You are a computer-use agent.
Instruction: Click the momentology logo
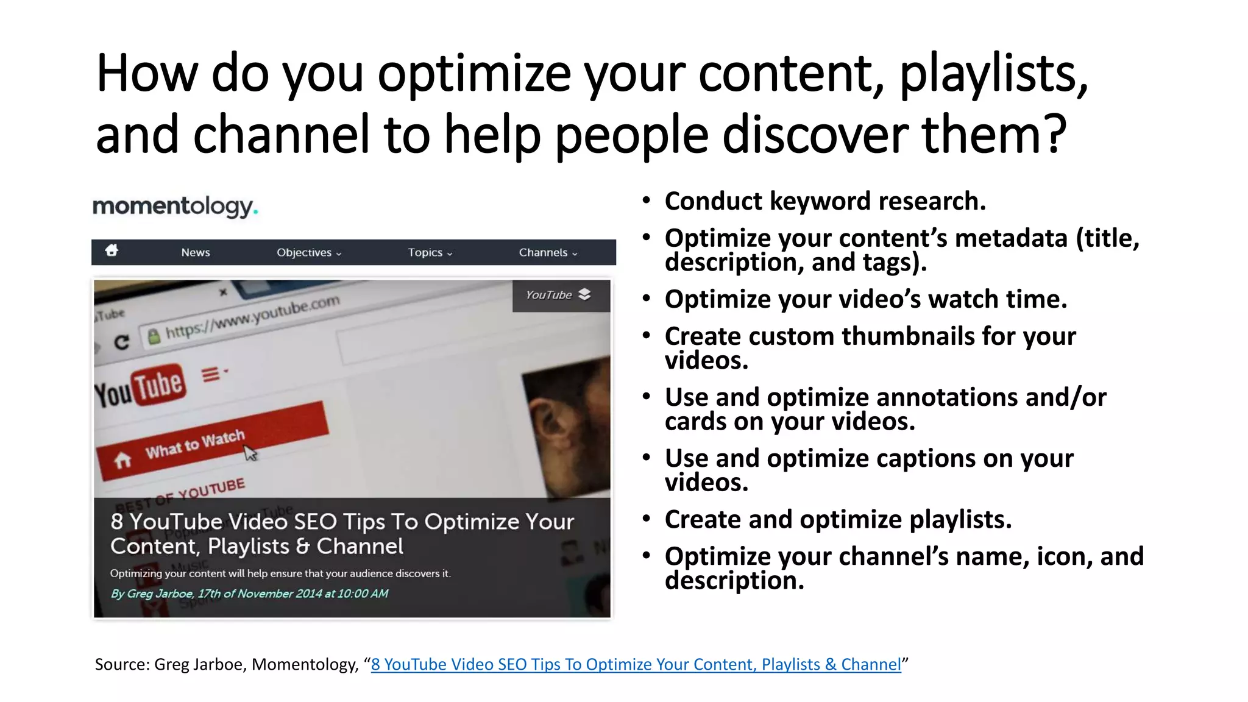pos(175,207)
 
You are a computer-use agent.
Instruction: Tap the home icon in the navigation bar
pos(112,250)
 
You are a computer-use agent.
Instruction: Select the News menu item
pos(195,252)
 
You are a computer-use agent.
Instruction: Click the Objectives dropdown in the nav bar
pos(308,252)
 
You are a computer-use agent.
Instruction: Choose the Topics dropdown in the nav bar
pos(430,252)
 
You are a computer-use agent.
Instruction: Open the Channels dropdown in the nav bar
pos(547,252)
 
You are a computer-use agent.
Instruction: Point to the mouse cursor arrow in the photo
pos(250,453)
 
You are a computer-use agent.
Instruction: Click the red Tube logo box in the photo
pos(158,385)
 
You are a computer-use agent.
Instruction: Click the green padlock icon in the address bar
pos(154,336)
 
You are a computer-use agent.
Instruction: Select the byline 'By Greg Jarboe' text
pos(152,594)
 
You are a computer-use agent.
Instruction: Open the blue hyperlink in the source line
pos(636,664)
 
